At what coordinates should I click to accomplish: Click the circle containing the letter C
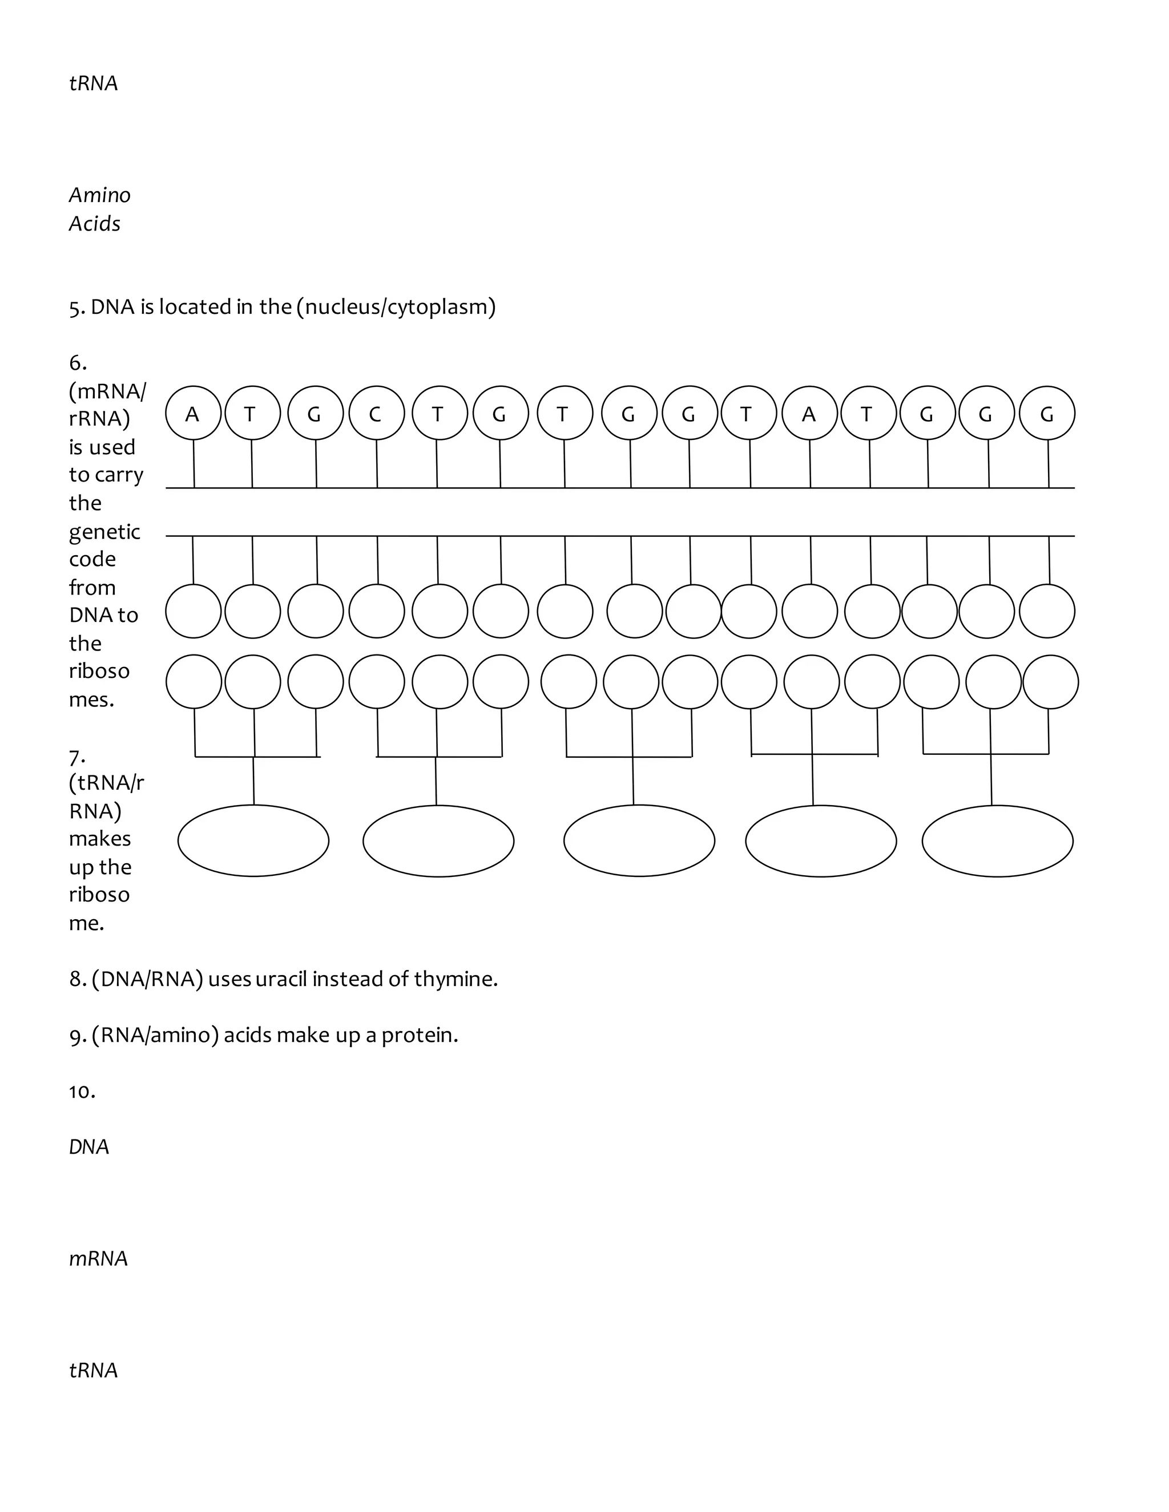tap(376, 413)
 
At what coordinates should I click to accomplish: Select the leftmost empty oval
tap(253, 840)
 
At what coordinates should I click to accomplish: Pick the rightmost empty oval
tap(997, 840)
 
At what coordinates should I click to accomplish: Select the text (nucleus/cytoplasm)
tap(396, 307)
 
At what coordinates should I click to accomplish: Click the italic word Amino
tap(100, 195)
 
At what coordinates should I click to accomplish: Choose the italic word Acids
tap(95, 224)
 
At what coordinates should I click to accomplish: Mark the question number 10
tap(82, 1091)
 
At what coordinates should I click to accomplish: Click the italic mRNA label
tap(98, 1259)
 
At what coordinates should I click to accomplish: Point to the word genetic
tap(104, 532)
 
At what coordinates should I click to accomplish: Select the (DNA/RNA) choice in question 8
tap(147, 979)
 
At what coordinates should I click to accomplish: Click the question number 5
tap(76, 308)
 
